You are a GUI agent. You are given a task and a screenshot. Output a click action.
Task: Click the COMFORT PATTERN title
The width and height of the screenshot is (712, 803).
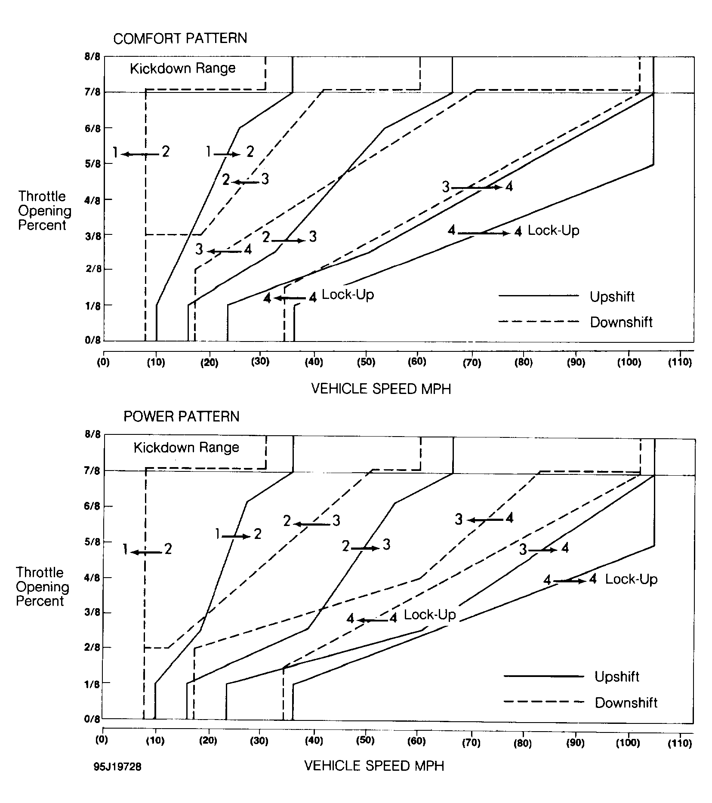tap(180, 38)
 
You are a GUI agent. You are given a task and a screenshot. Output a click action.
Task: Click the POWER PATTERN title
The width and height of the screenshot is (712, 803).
tap(181, 416)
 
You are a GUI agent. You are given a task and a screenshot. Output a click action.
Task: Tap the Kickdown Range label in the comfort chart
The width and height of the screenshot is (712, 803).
tap(183, 68)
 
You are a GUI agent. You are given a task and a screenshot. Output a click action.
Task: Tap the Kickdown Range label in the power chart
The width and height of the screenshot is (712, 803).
tap(186, 448)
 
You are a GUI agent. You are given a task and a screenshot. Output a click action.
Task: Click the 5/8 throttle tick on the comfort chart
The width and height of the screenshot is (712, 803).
tap(93, 164)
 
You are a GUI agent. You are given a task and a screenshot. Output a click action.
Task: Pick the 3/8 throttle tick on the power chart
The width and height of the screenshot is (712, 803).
tap(93, 613)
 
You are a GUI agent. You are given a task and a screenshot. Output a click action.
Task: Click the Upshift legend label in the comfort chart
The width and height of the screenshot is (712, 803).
tap(612, 297)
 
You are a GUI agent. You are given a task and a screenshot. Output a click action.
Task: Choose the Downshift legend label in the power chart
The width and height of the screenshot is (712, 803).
tap(626, 703)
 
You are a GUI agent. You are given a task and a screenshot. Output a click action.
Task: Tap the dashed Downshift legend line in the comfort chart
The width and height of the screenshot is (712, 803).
tap(539, 321)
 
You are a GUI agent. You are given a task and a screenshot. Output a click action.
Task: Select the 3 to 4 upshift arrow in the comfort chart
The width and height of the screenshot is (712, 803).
tap(477, 188)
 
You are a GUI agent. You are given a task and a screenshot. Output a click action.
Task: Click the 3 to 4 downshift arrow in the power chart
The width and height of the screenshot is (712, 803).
tap(485, 520)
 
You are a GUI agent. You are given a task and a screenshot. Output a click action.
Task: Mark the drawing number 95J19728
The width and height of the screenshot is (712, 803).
tap(117, 767)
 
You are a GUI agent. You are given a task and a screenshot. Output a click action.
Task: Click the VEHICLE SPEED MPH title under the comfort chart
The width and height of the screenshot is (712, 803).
tap(381, 389)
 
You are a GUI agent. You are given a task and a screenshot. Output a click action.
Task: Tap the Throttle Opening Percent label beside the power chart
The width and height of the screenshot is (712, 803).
tap(42, 587)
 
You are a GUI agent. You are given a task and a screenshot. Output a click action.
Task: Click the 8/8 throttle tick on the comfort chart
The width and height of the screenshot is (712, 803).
tap(93, 57)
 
